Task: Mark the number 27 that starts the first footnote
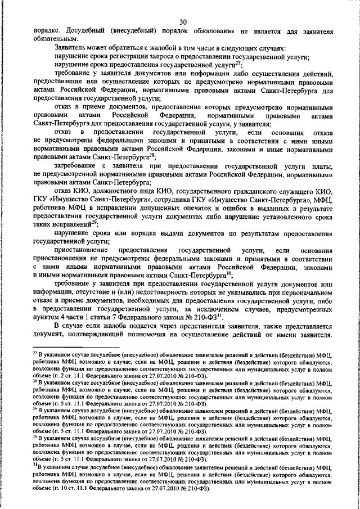pos(35,350)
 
